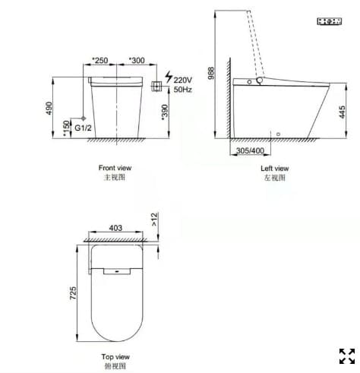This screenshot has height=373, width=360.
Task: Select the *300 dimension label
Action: click(x=137, y=59)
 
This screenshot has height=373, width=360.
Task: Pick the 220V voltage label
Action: click(x=183, y=80)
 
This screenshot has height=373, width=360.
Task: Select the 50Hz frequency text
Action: click(x=182, y=90)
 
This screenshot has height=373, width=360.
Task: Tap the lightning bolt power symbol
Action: click(x=168, y=80)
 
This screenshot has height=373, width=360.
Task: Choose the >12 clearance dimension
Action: click(x=156, y=220)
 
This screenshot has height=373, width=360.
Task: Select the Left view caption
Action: click(x=274, y=169)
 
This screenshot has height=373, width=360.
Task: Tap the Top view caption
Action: click(x=115, y=356)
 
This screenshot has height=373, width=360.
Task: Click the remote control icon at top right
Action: click(x=327, y=24)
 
